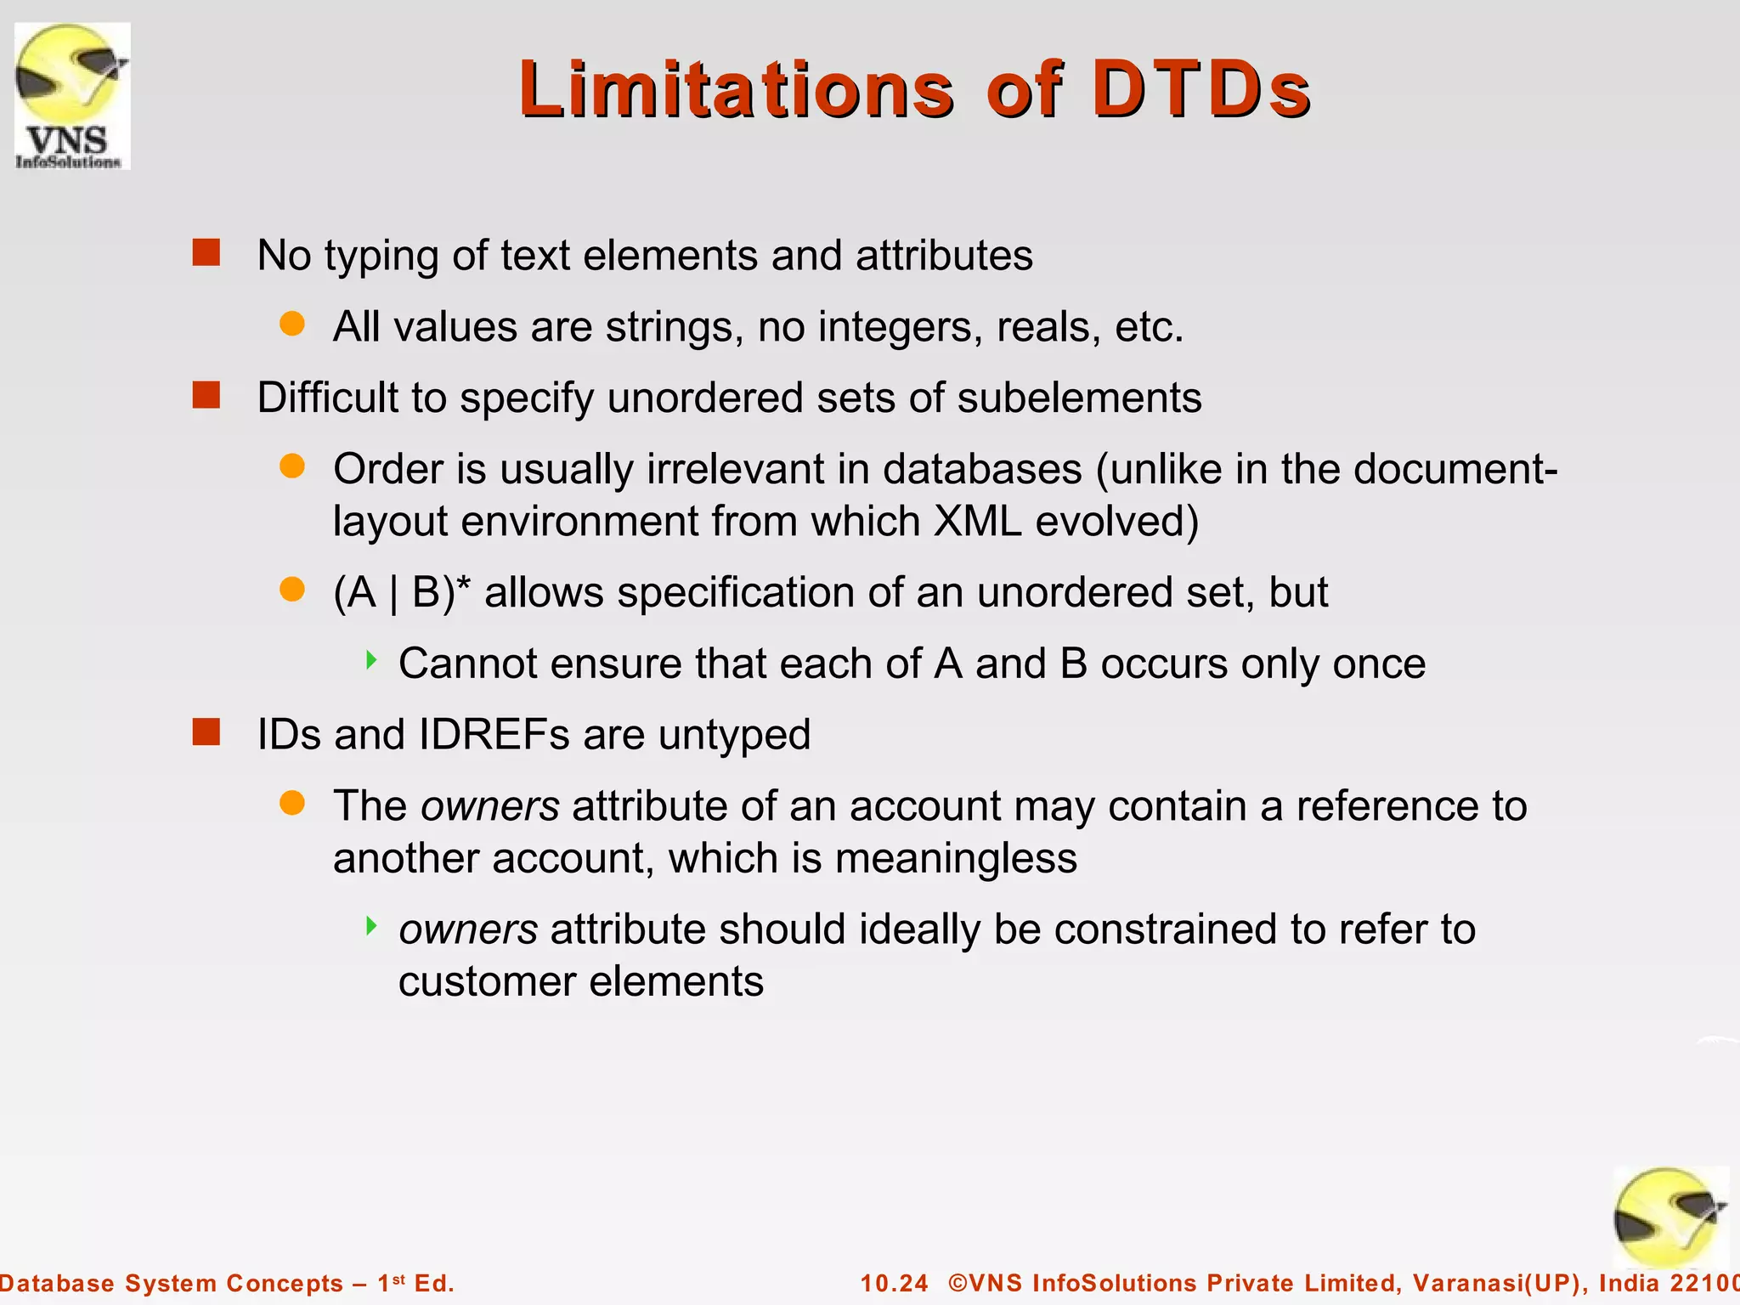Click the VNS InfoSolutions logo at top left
72,96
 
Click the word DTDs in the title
1200,88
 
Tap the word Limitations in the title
737,88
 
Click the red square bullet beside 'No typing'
206,252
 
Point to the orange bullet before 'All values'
292,324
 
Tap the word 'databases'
982,469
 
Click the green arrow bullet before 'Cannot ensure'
370,660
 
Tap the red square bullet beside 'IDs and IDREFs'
206,732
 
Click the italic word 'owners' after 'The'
490,806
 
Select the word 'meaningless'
956,859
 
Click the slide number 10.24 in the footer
894,1283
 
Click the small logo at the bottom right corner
1669,1217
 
